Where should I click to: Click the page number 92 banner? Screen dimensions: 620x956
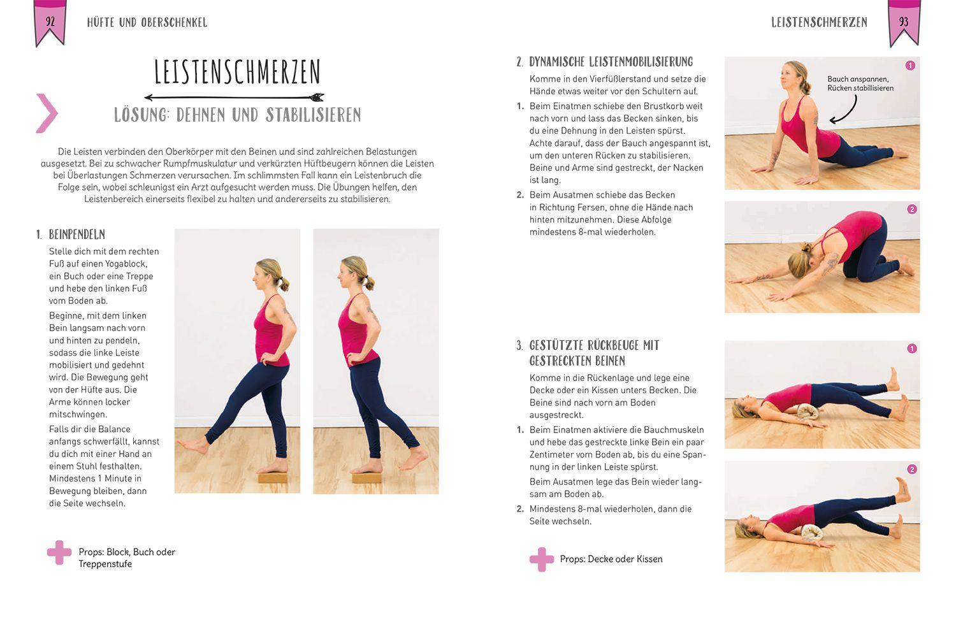click(50, 22)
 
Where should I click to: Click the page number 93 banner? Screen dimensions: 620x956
click(904, 22)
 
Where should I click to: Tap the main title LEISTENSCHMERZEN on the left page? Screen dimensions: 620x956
click(237, 73)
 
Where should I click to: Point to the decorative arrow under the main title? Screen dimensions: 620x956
click(234, 97)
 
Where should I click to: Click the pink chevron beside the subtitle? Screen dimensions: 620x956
click(47, 113)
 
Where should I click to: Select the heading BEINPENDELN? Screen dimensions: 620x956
click(76, 234)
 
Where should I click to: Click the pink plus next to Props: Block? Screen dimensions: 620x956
click(59, 552)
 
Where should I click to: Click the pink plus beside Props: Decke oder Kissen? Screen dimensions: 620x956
click(541, 559)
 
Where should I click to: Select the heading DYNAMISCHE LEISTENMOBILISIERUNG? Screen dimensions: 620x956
click(611, 62)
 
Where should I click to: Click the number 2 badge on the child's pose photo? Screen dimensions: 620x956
click(911, 209)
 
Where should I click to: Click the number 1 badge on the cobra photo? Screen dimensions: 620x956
click(909, 66)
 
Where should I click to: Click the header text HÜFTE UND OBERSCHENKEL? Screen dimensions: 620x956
click(147, 22)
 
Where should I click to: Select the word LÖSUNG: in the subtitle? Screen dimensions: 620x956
click(142, 115)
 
